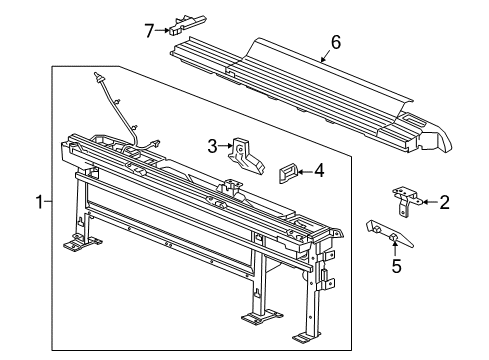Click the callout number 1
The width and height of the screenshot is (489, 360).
(x=40, y=202)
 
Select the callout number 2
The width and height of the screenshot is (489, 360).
(x=444, y=202)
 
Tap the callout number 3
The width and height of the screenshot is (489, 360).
(x=212, y=146)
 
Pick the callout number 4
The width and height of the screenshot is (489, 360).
(x=319, y=171)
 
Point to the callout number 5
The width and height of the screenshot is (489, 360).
(x=396, y=266)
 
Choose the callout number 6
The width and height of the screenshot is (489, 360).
(x=336, y=43)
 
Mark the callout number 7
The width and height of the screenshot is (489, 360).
(x=149, y=31)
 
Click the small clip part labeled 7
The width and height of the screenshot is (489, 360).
(x=187, y=25)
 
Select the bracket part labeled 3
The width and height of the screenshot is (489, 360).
(x=246, y=156)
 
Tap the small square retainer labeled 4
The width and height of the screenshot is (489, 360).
(x=287, y=173)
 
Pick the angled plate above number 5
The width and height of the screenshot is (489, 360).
(x=389, y=234)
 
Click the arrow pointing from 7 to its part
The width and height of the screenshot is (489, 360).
(x=163, y=30)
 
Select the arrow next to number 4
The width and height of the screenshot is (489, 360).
(x=305, y=172)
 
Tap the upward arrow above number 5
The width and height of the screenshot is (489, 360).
(x=395, y=249)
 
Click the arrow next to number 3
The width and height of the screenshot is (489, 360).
(x=226, y=146)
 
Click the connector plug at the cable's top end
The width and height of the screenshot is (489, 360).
(x=99, y=76)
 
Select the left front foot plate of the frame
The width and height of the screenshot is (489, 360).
(x=82, y=243)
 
